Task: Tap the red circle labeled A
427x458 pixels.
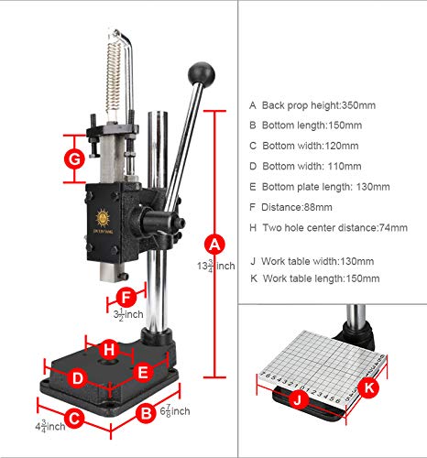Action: (214, 245)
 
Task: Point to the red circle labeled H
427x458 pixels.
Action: (109, 349)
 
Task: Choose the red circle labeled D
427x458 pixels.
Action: (77, 376)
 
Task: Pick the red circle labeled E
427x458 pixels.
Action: (142, 372)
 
